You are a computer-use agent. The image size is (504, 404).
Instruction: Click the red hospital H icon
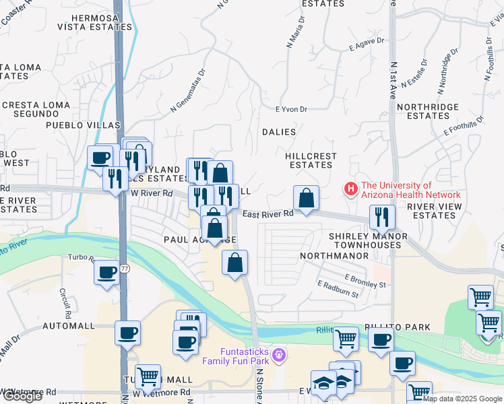tap(350, 190)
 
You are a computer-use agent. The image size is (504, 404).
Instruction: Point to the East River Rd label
tap(268, 213)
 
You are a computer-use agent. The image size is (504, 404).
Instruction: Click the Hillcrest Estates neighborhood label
tap(311, 160)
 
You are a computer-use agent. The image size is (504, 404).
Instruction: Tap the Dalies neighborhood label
tap(279, 132)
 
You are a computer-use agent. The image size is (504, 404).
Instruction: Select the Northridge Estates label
tap(428, 111)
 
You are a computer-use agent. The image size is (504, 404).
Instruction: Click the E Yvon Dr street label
tap(291, 109)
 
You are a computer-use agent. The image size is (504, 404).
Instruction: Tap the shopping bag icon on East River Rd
tap(306, 198)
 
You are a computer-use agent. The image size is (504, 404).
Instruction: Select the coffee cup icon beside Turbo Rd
tap(106, 273)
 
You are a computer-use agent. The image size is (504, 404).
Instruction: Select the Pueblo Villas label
tap(82, 125)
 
